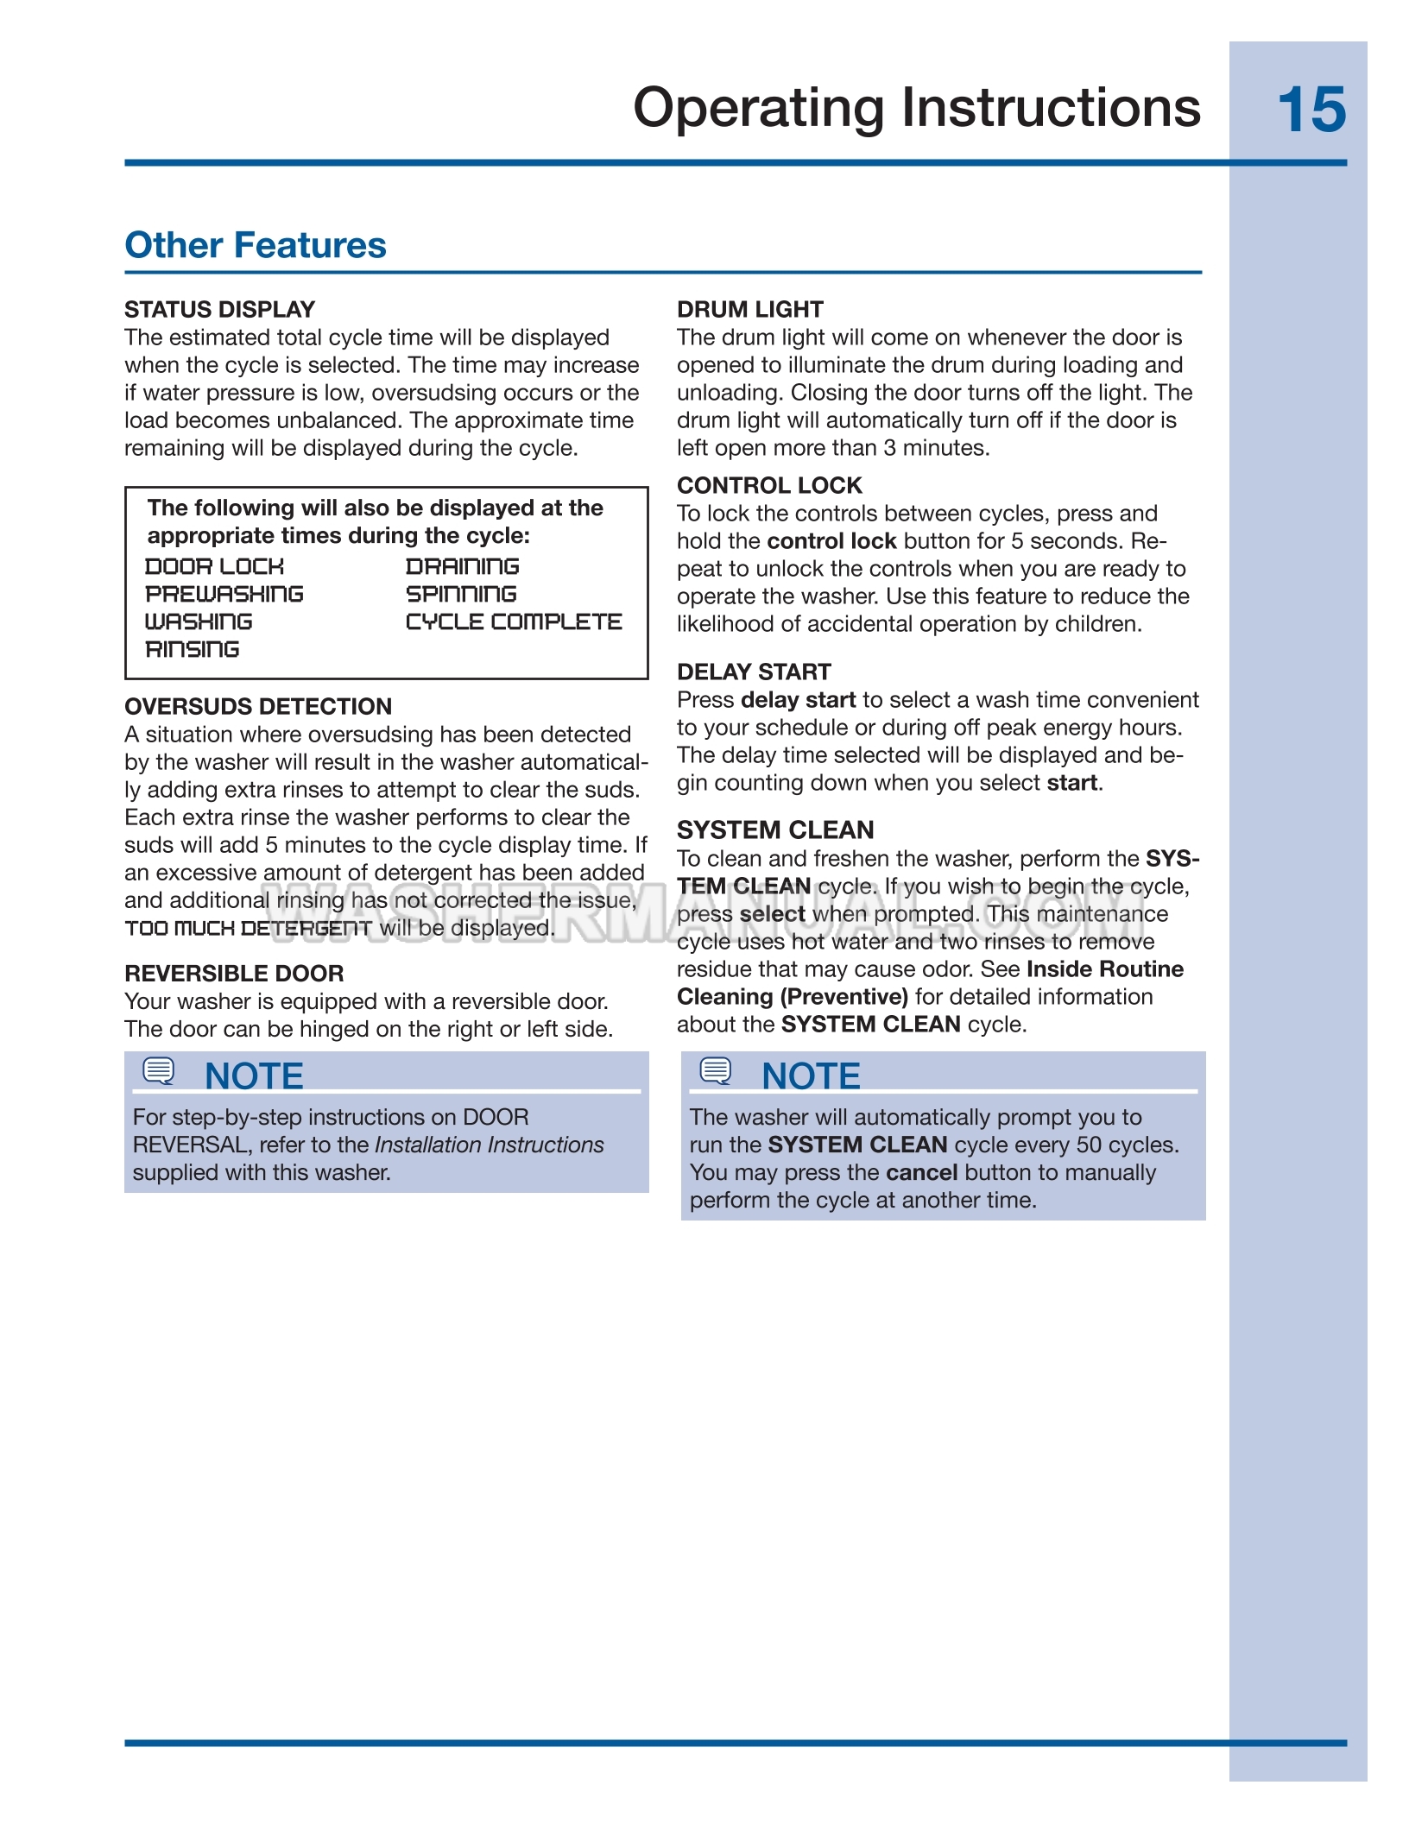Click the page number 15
click(x=1311, y=110)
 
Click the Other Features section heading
click(x=256, y=245)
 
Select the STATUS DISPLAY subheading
click(x=219, y=309)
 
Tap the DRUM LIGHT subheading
click(x=749, y=309)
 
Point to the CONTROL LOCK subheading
click(x=769, y=485)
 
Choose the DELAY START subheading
click(x=754, y=672)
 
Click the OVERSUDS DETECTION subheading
click(x=258, y=706)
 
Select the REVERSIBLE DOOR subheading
click(x=234, y=974)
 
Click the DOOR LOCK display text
click(x=214, y=566)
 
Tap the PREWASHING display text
click(x=224, y=594)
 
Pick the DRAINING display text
click(x=463, y=566)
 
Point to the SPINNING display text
click(x=461, y=594)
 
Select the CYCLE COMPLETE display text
click(x=514, y=621)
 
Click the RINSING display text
click(x=193, y=649)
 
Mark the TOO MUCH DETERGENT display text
click(x=249, y=929)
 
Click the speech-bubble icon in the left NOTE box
click(x=159, y=1071)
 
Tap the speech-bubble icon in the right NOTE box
click(x=716, y=1071)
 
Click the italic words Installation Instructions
click(x=490, y=1145)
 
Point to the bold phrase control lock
click(x=831, y=541)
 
